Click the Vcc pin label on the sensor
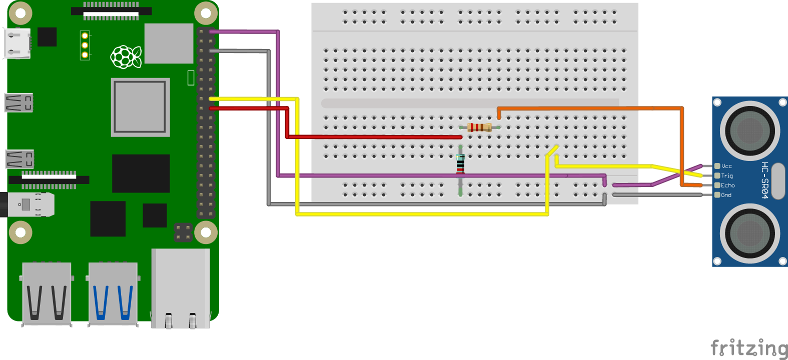726,166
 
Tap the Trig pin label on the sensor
727,175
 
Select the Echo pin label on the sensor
727,185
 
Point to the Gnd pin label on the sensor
726,195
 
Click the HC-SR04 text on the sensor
764,180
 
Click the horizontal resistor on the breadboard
479,127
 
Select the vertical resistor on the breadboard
460,164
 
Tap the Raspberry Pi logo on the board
126,57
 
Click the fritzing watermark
748,347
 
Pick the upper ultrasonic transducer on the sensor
749,131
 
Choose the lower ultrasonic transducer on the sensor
749,233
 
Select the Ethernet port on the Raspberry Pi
181,288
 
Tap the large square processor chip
140,107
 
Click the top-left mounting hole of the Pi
21,13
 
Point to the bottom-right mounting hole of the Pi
206,232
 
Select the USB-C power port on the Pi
17,43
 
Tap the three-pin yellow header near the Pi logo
85,45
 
